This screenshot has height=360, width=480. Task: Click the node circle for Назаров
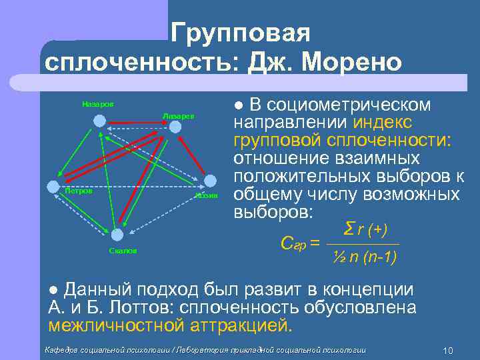(x=99, y=121)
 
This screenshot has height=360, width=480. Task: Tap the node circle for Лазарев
(x=175, y=127)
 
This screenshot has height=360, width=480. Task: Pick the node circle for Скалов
(x=117, y=235)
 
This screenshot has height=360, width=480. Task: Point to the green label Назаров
(x=98, y=104)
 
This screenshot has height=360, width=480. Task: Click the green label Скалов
(x=123, y=251)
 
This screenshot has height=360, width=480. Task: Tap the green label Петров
(x=78, y=191)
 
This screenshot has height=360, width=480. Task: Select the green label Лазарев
(x=178, y=115)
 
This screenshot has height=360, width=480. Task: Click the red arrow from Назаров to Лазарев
(x=137, y=123)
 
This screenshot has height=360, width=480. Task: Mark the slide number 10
(x=447, y=351)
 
